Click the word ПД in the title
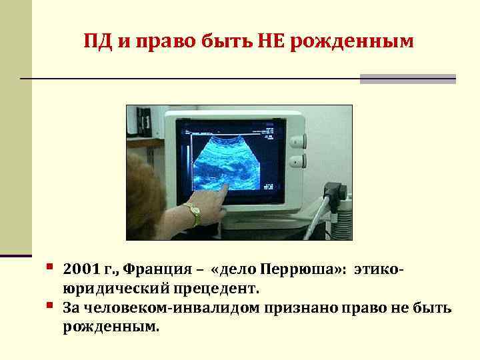coord(96,41)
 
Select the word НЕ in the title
coord(262,41)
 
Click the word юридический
coord(116,289)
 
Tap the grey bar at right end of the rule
coord(407,79)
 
